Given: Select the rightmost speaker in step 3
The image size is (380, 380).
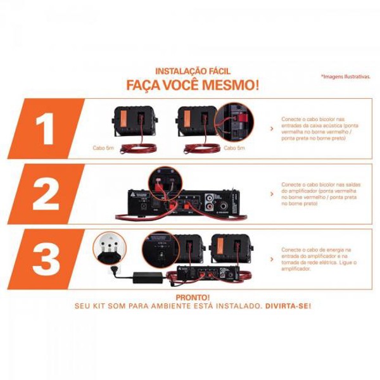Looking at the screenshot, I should pyautogui.click(x=227, y=248).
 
